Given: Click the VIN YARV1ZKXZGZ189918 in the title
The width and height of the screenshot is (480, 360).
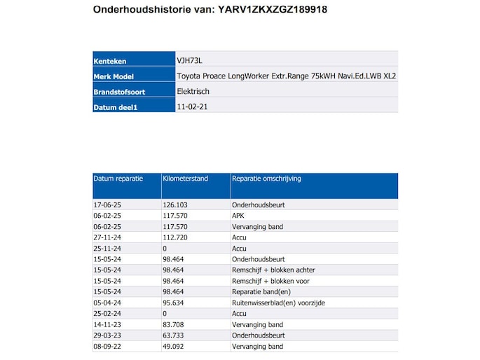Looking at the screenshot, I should (x=273, y=11).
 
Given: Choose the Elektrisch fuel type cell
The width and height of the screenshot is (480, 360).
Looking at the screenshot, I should (x=194, y=91).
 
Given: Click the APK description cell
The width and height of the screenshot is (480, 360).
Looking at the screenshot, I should (x=239, y=216).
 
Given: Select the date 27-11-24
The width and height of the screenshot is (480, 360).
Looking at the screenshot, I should (x=108, y=237).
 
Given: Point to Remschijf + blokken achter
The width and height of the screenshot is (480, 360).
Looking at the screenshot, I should (x=273, y=270).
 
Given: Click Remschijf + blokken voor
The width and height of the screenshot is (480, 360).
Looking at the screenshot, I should (x=271, y=281).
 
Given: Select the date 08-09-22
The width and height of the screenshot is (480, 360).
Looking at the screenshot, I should (x=108, y=346).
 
